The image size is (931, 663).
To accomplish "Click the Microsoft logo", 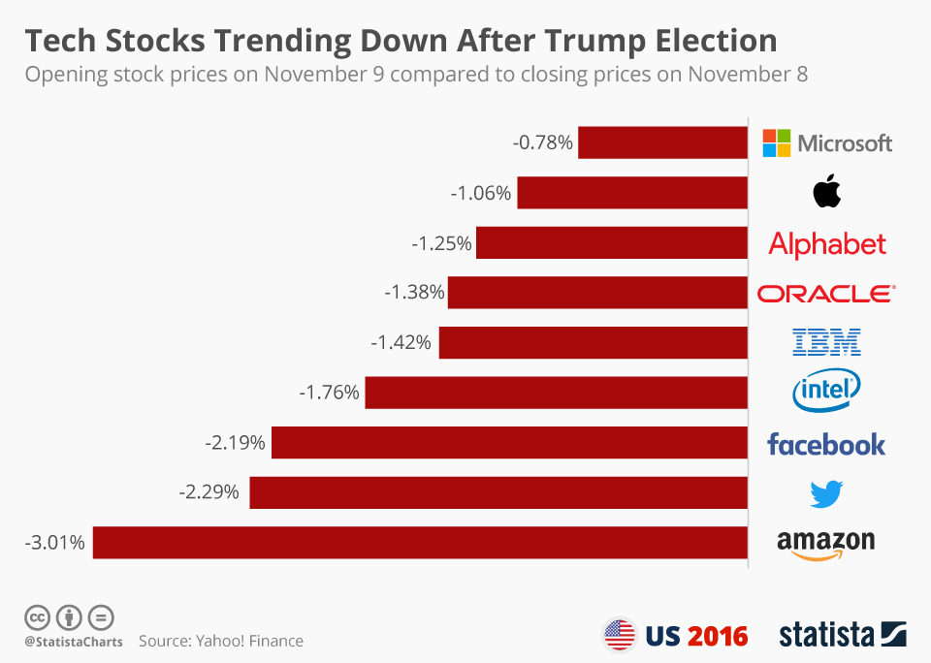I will click(827, 143).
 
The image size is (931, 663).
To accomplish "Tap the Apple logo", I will click(827, 193).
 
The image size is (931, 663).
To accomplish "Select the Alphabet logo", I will click(827, 243).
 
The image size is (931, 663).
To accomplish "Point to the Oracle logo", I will click(826, 293).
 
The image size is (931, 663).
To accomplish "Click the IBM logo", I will click(827, 342).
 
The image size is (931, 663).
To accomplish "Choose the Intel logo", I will click(826, 392).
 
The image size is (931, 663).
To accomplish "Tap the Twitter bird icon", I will click(826, 494).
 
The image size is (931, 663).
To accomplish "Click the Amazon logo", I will click(826, 544).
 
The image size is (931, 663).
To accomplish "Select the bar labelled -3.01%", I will click(419, 543).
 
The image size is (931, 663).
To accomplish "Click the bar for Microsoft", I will click(662, 142).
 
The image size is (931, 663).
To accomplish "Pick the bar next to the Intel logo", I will click(556, 392).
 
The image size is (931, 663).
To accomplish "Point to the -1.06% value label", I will click(480, 193).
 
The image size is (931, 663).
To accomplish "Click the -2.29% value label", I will click(209, 492).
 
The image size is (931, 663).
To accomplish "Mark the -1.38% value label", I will click(414, 292).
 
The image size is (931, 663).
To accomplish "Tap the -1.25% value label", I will click(441, 243).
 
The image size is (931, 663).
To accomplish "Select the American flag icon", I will click(619, 635).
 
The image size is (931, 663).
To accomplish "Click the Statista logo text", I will click(825, 635).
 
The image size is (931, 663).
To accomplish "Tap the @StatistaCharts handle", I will click(74, 642).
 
